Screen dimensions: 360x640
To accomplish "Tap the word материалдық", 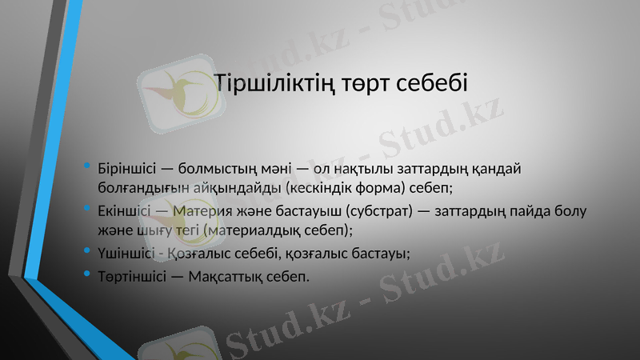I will [260, 231].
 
